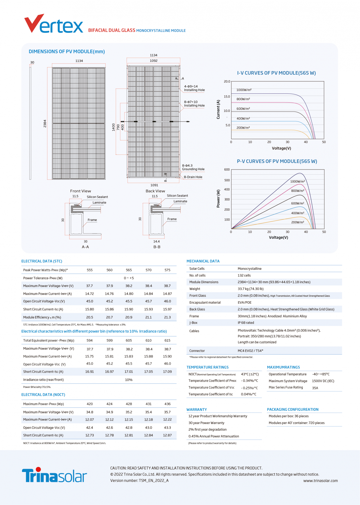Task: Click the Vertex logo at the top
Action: [53, 24]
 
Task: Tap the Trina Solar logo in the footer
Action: [54, 475]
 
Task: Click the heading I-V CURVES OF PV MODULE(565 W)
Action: [276, 73]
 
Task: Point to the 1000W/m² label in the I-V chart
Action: [244, 90]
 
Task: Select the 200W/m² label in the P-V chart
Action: [298, 222]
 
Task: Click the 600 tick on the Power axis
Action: [227, 170]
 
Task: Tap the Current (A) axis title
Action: [218, 109]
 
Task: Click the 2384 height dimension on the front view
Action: [45, 123]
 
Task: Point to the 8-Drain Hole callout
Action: [193, 177]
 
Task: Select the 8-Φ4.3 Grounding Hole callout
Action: [193, 167]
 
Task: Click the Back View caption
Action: [155, 191]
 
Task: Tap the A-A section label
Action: [85, 247]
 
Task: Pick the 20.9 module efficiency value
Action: [129, 317]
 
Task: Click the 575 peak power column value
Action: [167, 270]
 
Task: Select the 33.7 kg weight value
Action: [250, 289]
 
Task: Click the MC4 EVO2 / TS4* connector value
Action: [250, 351]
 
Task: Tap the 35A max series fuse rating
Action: [315, 388]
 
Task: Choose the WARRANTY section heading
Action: [196, 410]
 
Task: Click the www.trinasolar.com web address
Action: [320, 481]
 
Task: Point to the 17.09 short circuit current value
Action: [167, 371]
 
